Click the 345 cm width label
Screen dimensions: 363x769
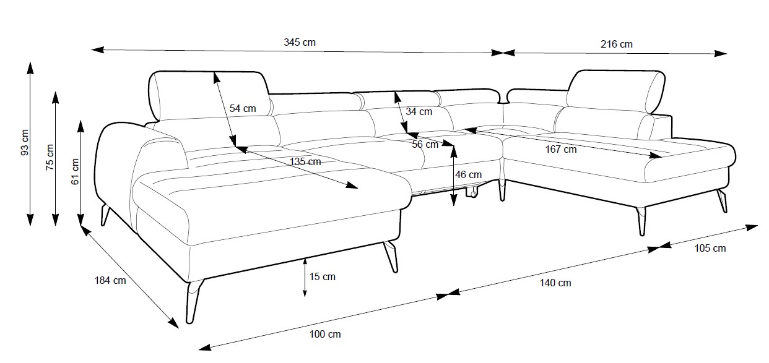click(300, 42)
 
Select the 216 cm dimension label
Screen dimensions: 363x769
click(617, 44)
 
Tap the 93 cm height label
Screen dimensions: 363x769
click(25, 143)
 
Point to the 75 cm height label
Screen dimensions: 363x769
click(50, 157)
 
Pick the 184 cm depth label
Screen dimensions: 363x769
click(110, 280)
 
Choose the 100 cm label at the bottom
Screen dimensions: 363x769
click(325, 335)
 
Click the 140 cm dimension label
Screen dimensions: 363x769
click(555, 283)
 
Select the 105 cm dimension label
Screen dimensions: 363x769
click(710, 249)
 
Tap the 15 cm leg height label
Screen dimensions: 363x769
click(322, 276)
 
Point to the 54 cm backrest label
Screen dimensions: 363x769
click(243, 108)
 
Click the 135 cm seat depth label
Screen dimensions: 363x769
click(305, 161)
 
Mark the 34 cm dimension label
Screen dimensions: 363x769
click(419, 112)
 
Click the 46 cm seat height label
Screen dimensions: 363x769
click(469, 174)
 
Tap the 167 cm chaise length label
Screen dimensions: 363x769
click(561, 149)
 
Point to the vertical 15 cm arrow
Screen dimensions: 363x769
click(305, 276)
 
